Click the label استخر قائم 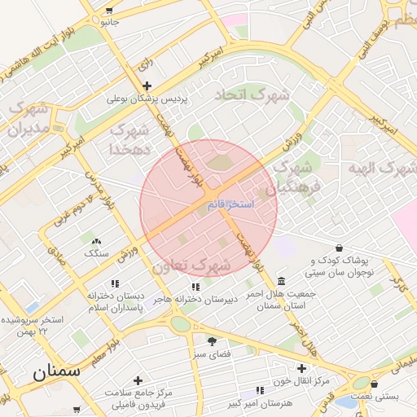[230, 204]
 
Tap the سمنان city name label [56, 371]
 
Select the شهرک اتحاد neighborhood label [252, 95]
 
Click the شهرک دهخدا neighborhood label [129, 139]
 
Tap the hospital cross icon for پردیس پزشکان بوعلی [147, 86]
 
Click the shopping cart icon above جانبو [109, 11]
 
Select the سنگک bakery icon [96, 241]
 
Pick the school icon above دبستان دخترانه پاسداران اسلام [115, 283]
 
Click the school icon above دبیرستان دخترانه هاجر [195, 287]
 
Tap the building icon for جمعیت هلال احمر [281, 281]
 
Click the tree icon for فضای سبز [212, 342]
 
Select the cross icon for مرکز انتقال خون [301, 368]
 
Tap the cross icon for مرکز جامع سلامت [138, 380]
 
